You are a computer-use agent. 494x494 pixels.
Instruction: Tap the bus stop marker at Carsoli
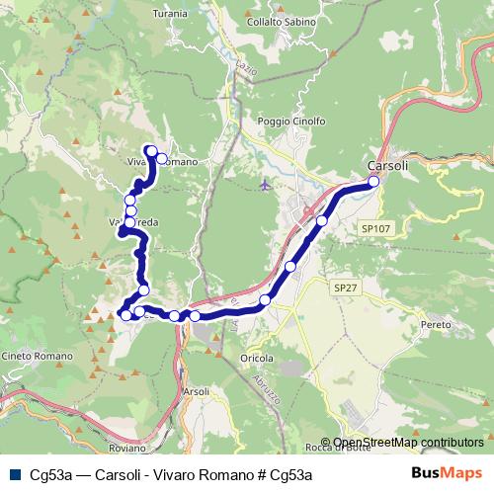373,182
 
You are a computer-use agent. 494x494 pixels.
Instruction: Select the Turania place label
170,15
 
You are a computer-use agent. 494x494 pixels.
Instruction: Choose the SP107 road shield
376,228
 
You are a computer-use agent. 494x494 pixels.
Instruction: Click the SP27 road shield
343,288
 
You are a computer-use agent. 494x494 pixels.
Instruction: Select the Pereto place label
435,324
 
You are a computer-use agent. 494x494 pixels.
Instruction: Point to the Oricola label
255,357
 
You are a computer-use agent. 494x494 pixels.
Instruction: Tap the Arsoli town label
197,391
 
